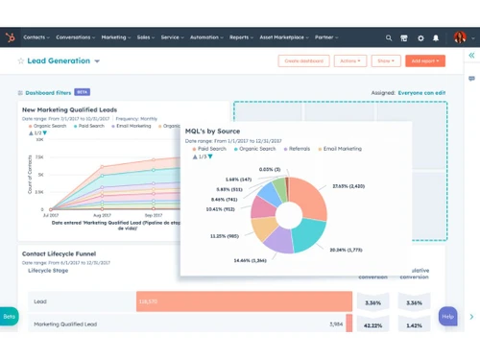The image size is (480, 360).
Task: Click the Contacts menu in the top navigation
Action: [36, 37]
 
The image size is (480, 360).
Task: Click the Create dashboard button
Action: [302, 60]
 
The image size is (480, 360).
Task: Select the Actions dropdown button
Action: [349, 60]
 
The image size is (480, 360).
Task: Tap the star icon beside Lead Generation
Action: [20, 60]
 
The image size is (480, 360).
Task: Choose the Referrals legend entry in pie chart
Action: [293, 149]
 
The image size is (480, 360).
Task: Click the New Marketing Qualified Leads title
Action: [69, 110]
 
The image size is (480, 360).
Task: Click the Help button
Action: [447, 316]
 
